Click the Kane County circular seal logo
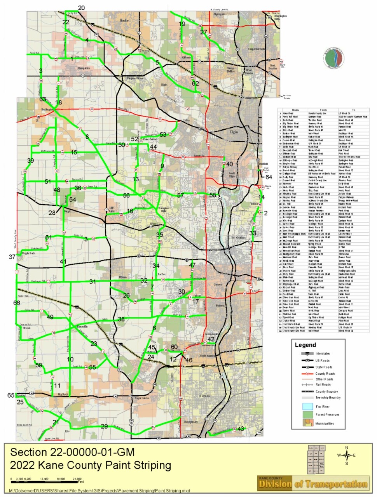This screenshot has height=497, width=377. click(x=333, y=59)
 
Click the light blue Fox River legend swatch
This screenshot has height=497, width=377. click(x=307, y=407)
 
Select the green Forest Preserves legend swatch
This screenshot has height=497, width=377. click(x=307, y=415)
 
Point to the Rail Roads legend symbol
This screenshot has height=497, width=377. click(x=307, y=385)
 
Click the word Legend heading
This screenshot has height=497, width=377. click(x=305, y=345)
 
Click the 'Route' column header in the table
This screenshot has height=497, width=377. click(x=295, y=110)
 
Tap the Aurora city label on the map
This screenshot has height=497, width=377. click(x=204, y=396)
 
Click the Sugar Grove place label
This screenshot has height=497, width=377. click(x=142, y=398)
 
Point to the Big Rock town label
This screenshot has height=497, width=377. click(x=63, y=394)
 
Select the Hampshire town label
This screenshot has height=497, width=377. click(x=84, y=68)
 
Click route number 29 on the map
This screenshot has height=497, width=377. click(x=104, y=426)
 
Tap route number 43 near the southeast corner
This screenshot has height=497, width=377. click(x=241, y=428)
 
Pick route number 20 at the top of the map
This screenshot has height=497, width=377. click(x=81, y=8)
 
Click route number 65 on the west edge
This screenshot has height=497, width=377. click(x=10, y=395)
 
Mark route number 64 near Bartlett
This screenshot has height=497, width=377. click(x=269, y=177)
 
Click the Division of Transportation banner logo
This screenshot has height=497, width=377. click(x=313, y=483)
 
